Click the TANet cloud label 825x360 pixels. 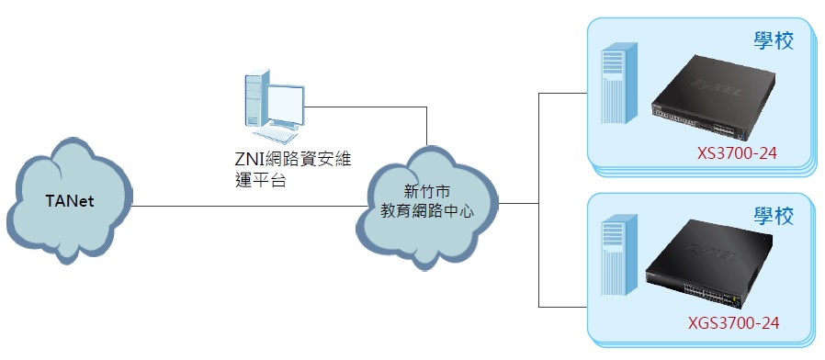[70, 201]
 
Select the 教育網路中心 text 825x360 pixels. [426, 211]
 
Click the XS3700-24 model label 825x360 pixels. [737, 153]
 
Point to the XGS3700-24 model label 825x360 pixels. [733, 322]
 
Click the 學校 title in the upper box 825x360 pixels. [774, 40]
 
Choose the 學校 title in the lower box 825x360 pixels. [774, 216]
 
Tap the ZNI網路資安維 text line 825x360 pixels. [293, 159]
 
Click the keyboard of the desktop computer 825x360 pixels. [276, 135]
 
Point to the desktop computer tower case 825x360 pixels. [256, 98]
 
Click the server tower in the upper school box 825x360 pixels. [619, 84]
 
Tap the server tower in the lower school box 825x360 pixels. [619, 254]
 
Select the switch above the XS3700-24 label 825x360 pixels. [713, 99]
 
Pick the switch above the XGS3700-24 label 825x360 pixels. [708, 266]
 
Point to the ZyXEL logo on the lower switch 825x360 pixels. [711, 253]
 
